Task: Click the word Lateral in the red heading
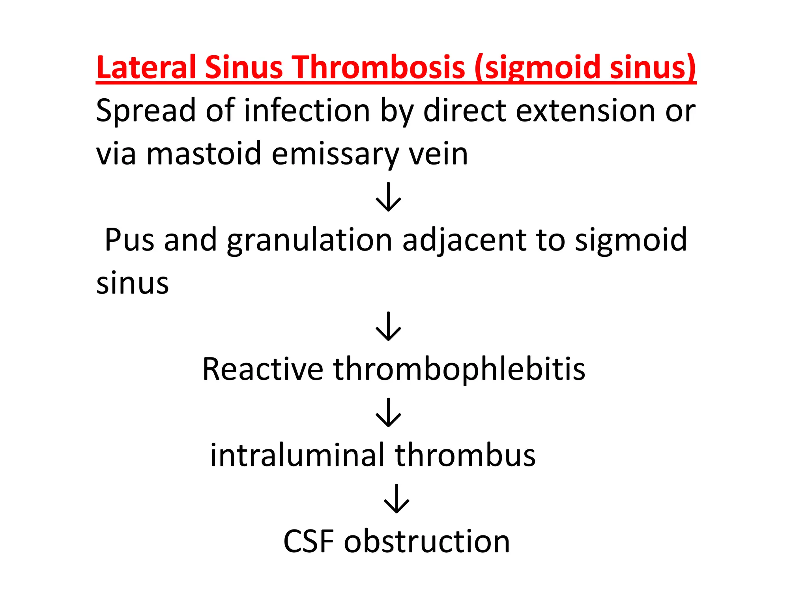point(146,67)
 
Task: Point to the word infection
point(307,110)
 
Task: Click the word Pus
point(129,240)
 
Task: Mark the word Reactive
point(263,369)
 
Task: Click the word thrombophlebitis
point(459,369)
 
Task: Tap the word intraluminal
point(297,455)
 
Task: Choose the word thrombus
point(466,455)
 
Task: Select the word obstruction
point(427,542)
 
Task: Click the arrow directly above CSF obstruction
point(397,499)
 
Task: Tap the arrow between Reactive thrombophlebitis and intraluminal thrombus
point(389,412)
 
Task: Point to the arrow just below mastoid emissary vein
point(389,197)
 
